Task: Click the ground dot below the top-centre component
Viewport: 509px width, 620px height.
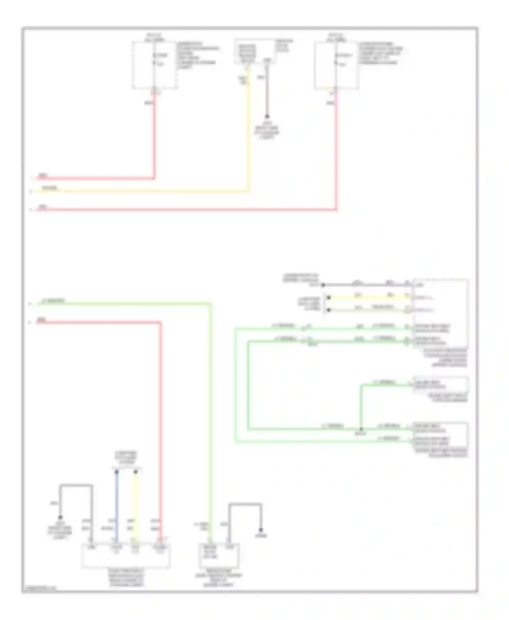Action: tap(267, 116)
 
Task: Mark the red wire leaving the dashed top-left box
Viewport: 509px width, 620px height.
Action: tap(154, 136)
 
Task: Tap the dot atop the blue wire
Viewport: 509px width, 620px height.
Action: tap(116, 472)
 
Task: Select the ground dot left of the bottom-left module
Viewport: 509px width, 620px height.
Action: tap(60, 518)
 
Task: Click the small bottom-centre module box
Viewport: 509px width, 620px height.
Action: tap(219, 555)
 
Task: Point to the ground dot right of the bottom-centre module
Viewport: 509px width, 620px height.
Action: tap(261, 530)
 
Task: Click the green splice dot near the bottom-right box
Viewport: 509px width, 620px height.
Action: tap(361, 429)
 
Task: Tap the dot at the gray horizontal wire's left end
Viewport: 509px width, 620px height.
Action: tap(323, 285)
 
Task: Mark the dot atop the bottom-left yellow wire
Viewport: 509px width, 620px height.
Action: tap(135, 472)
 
